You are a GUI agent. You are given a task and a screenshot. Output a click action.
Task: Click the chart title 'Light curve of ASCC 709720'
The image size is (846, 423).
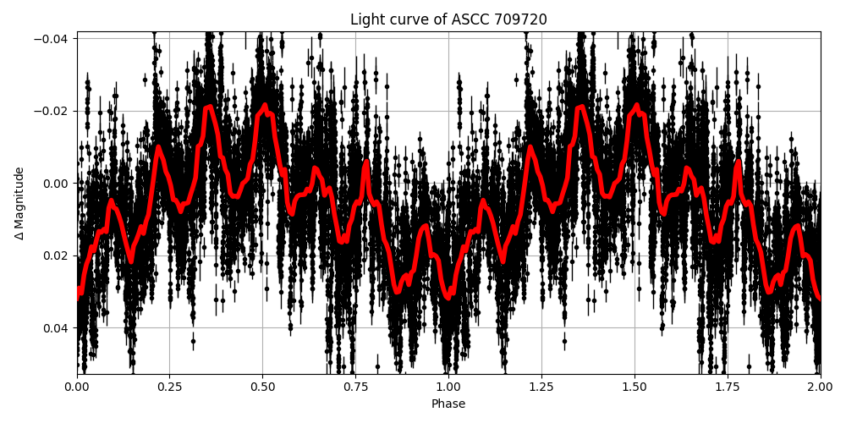(x=448, y=19)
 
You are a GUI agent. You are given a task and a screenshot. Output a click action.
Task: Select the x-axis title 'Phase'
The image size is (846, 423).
(x=448, y=404)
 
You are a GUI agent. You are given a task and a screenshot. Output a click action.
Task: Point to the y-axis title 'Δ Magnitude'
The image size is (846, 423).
(x=19, y=203)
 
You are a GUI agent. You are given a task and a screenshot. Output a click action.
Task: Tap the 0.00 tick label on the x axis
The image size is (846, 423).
(x=77, y=387)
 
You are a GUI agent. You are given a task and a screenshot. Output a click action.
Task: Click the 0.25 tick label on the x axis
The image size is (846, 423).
(x=170, y=387)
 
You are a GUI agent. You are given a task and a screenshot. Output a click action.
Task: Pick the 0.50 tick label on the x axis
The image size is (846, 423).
(x=263, y=387)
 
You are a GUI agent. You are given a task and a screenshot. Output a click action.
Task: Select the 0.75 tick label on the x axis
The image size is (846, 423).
(x=355, y=387)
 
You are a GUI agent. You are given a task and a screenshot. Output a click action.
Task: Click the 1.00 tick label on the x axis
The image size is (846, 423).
(x=448, y=387)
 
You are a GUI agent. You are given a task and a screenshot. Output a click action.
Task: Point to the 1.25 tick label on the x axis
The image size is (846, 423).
(x=541, y=387)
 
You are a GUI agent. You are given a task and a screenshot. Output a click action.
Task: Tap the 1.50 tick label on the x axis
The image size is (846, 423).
(x=634, y=387)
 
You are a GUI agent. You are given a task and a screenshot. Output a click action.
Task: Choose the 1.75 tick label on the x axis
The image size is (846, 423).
(x=728, y=387)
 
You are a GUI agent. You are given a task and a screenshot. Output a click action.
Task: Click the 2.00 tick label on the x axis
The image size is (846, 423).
(x=820, y=387)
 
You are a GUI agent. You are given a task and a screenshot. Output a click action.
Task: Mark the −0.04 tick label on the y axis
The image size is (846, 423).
(x=52, y=39)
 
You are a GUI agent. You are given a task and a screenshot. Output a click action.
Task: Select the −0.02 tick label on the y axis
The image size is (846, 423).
(x=52, y=111)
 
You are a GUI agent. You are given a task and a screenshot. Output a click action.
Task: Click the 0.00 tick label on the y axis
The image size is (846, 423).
(x=57, y=184)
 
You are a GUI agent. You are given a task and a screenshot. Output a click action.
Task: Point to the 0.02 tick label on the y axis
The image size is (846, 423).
(x=57, y=255)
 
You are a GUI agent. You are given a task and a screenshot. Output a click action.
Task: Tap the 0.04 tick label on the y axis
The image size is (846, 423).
(x=57, y=328)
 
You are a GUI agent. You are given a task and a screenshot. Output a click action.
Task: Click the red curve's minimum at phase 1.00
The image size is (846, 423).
(x=448, y=297)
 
